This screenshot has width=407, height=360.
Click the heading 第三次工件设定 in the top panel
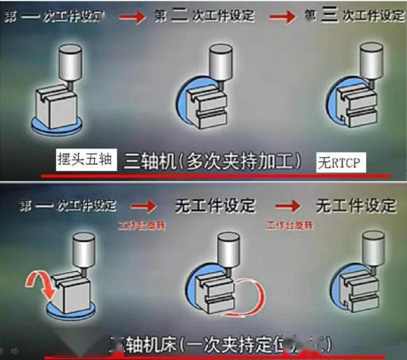354,16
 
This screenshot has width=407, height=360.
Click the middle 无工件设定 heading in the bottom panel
214,205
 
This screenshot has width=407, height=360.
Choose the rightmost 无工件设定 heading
355,205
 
